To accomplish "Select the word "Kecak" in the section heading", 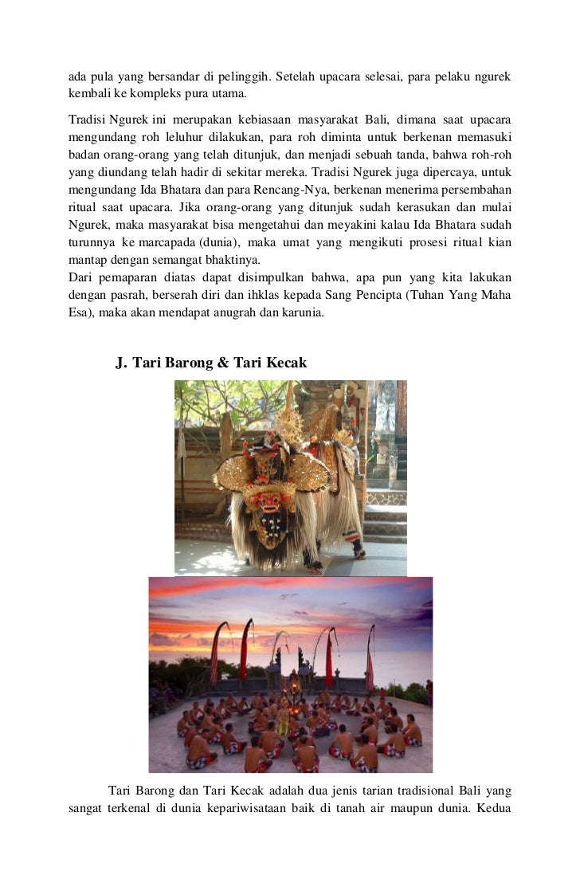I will point(281,363).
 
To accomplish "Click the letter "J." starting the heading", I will point(122,363).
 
